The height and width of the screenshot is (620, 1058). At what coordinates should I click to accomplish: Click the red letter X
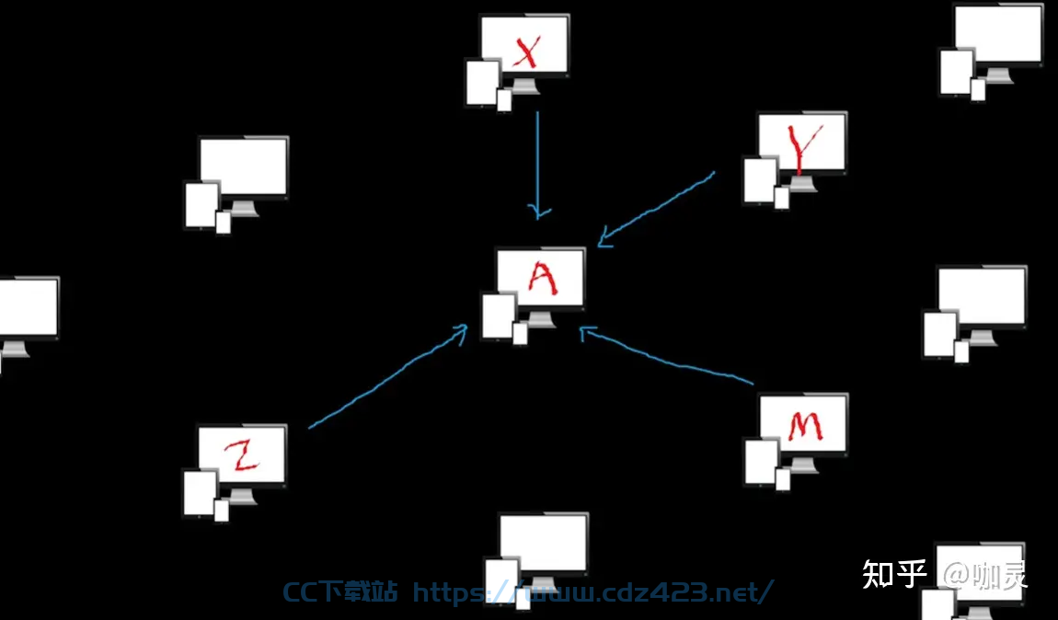point(526,52)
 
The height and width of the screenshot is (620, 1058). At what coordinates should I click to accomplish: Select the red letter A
point(543,278)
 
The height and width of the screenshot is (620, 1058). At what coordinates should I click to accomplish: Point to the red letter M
point(804,426)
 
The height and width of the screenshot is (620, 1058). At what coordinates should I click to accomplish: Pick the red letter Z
point(242,454)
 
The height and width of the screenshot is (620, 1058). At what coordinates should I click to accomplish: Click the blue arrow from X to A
point(538,166)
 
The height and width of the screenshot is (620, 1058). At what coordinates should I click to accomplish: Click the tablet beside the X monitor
point(483,83)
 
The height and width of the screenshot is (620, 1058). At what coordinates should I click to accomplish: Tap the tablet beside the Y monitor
point(761,180)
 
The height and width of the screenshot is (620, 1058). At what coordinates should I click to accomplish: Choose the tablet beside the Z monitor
point(201,493)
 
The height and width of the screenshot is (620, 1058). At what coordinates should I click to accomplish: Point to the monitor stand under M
point(804,465)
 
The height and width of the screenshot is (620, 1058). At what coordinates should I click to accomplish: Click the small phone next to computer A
point(520,334)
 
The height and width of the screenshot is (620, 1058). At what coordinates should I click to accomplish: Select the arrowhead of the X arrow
point(538,212)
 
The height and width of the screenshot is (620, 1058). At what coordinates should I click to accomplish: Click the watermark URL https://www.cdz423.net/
point(593,591)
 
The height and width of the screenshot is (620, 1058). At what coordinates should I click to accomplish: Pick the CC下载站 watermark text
point(340,591)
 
